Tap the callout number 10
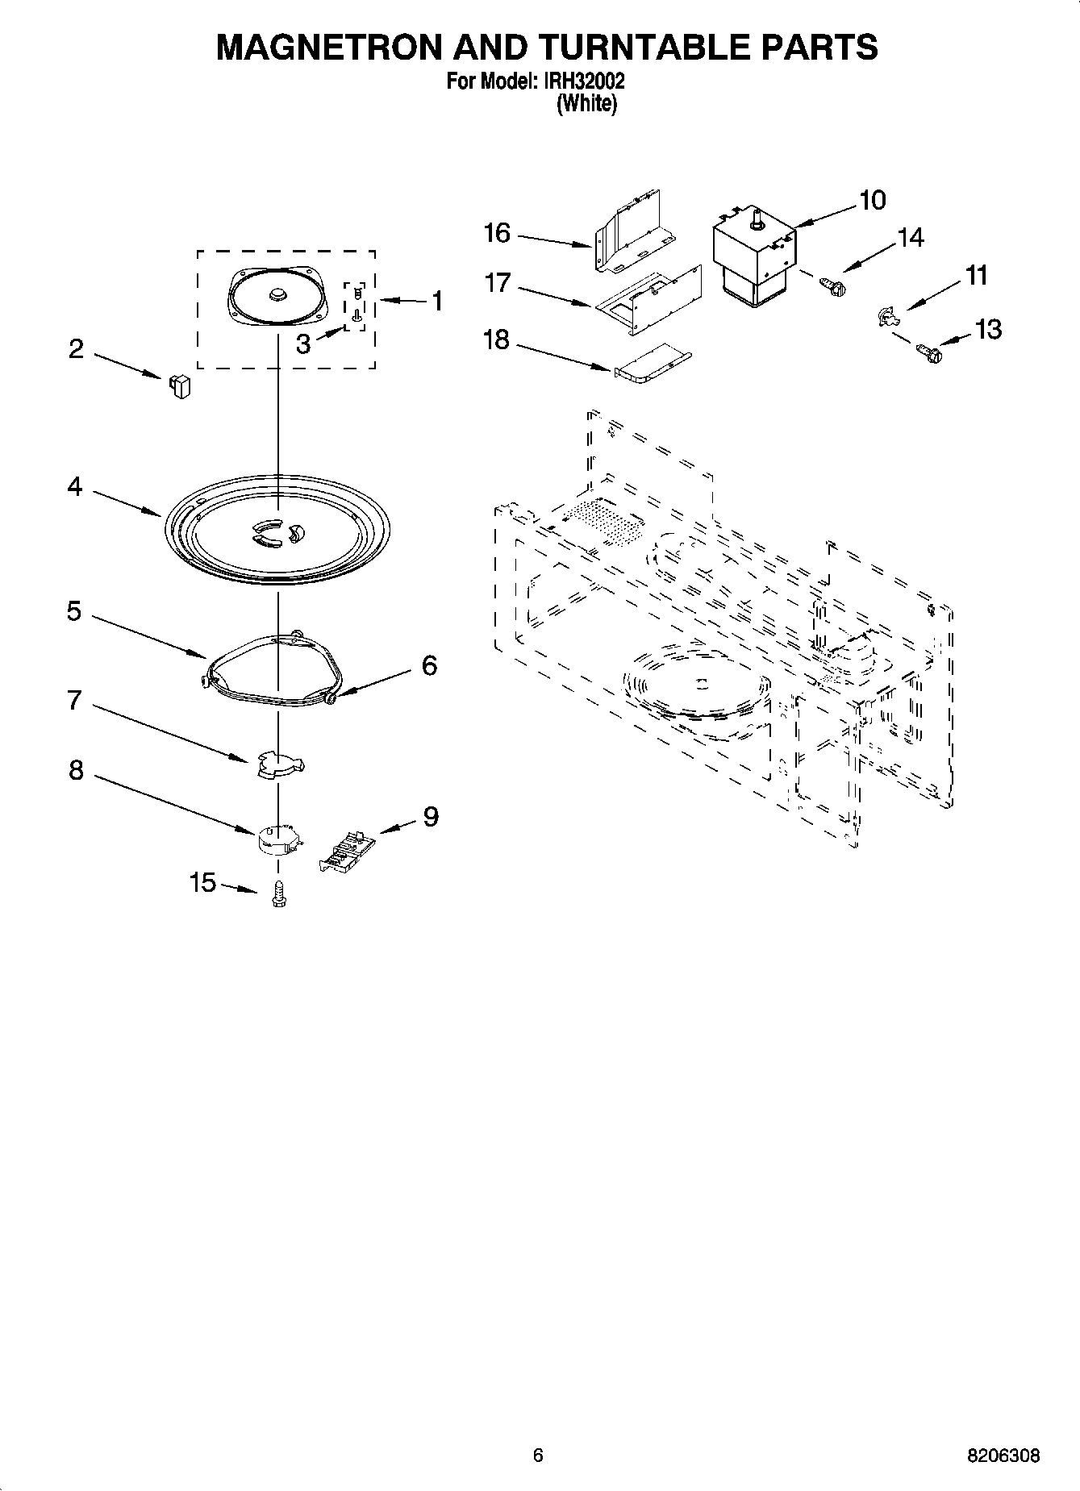873,200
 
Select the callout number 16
497,233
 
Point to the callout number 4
75,487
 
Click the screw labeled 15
279,895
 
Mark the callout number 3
302,344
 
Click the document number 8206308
1003,1456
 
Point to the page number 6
538,1456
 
